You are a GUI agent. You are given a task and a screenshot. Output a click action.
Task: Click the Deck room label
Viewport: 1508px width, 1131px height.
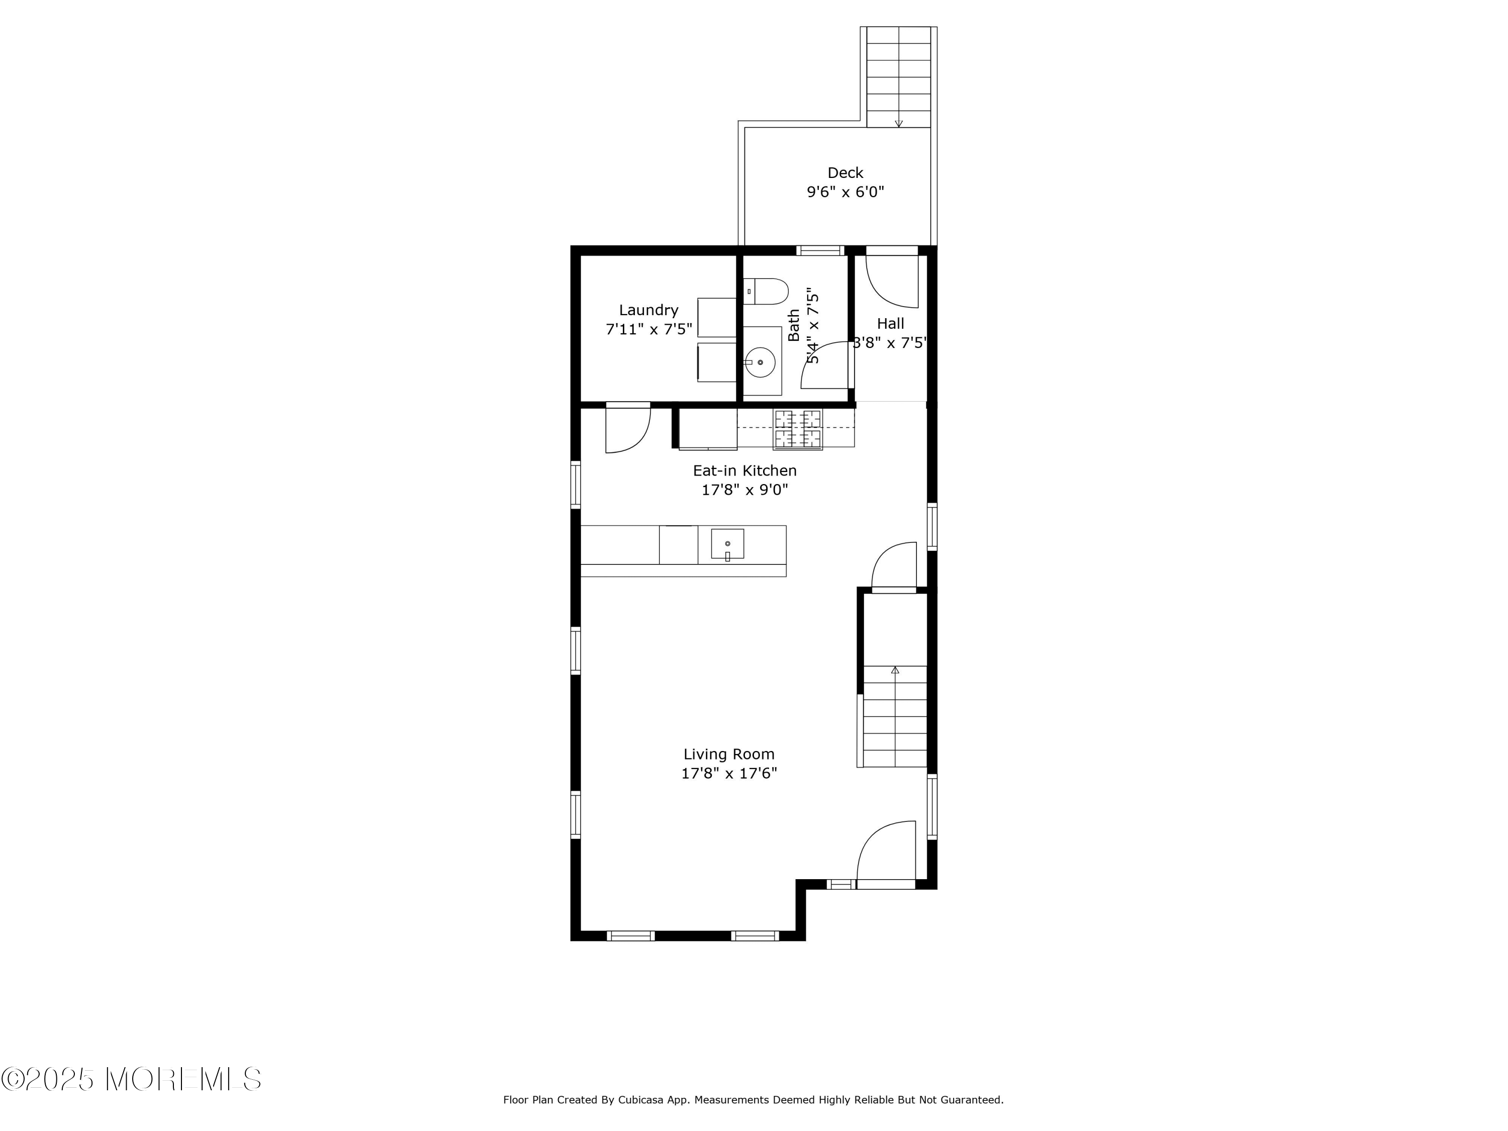click(x=845, y=173)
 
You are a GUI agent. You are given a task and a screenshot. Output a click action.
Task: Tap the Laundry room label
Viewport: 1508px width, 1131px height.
click(x=648, y=310)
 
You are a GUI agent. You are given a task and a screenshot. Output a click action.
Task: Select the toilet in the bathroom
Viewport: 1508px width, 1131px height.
click(x=766, y=291)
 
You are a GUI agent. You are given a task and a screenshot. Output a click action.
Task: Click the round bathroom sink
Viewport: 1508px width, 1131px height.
click(x=760, y=362)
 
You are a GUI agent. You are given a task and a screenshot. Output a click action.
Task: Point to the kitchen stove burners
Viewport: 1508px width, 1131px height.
click(x=798, y=429)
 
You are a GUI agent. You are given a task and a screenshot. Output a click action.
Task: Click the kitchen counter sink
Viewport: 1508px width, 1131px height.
click(x=727, y=544)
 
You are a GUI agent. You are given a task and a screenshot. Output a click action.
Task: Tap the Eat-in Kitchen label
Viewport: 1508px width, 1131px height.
click(x=744, y=470)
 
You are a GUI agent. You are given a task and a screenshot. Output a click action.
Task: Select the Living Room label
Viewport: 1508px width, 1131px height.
click(x=729, y=754)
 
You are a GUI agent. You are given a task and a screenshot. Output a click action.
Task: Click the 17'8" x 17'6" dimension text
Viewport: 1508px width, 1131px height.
click(x=729, y=773)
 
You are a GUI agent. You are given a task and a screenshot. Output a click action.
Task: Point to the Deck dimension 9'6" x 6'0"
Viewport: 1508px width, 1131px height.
click(x=845, y=192)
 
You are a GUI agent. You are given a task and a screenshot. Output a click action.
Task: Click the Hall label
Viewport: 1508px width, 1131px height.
click(x=890, y=324)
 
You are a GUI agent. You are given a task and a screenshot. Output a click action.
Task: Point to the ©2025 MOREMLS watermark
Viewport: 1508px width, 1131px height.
click(x=131, y=1079)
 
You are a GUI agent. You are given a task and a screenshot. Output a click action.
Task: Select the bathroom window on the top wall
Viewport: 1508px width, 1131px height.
click(x=821, y=250)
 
